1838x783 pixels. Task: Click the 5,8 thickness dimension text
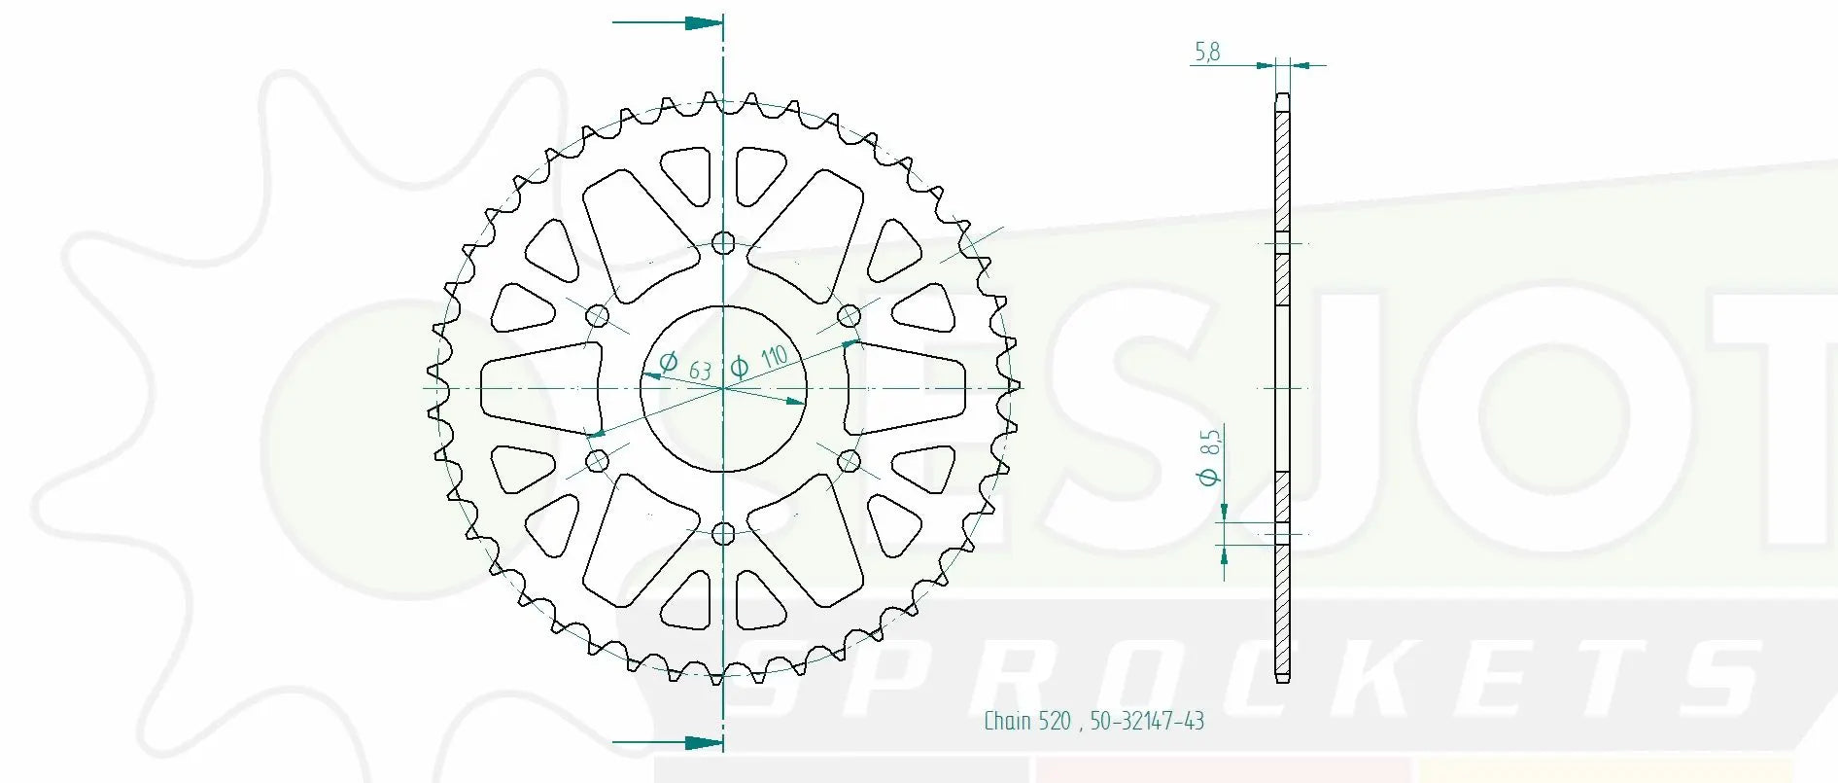(x=1207, y=52)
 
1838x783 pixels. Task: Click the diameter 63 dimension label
(x=686, y=366)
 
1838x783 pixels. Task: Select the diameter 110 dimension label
(x=759, y=361)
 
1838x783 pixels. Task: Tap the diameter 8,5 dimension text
(x=1209, y=457)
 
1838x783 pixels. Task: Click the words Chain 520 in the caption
(x=1026, y=721)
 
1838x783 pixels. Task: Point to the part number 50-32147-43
(x=1146, y=721)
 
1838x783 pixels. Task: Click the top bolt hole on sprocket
(x=723, y=242)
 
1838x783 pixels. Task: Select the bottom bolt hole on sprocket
(x=723, y=533)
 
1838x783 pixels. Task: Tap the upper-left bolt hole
(x=598, y=315)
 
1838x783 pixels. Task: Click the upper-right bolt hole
(x=849, y=315)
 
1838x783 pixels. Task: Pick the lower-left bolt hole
(x=598, y=460)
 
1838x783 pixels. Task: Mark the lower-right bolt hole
(x=849, y=460)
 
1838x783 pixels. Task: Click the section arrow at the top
(x=702, y=22)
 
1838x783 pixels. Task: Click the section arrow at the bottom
(x=702, y=743)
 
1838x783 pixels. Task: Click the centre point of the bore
(x=723, y=388)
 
